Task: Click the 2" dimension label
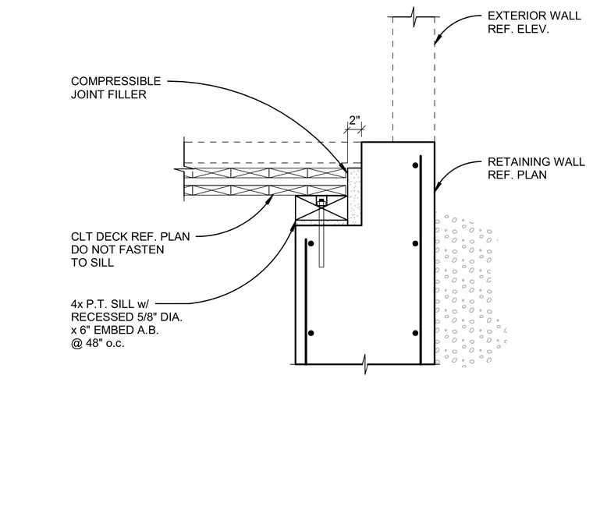pos(354,121)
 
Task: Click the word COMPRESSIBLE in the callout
pos(116,81)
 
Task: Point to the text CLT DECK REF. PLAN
pos(130,236)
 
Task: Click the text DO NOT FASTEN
pos(118,249)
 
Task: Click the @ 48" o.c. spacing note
pos(98,343)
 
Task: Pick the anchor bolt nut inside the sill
pos(321,203)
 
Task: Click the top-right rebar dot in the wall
pos(415,165)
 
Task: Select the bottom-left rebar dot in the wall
pos(311,333)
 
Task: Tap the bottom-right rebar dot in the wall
pos(415,333)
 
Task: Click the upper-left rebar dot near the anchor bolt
pos(311,243)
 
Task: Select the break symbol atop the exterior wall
pos(414,17)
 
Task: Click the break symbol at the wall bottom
pos(365,364)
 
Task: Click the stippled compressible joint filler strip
pos(354,196)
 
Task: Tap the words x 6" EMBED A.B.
pos(115,331)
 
